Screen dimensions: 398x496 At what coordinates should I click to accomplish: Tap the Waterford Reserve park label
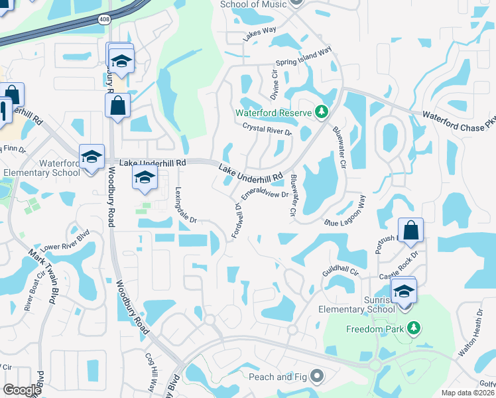pyautogui.click(x=275, y=113)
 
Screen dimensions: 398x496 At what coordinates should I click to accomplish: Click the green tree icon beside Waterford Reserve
pyautogui.click(x=322, y=111)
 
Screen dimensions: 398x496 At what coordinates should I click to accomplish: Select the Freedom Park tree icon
pyautogui.click(x=414, y=328)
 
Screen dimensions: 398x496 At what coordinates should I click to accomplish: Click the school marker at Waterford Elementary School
pyautogui.click(x=92, y=157)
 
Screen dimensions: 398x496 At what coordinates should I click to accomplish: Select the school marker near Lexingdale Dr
pyautogui.click(x=145, y=177)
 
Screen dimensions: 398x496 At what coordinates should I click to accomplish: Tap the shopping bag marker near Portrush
pyautogui.click(x=412, y=231)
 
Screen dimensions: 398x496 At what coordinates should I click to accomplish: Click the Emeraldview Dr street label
pyautogui.click(x=265, y=193)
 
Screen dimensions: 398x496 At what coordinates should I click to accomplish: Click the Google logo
pyautogui.click(x=22, y=390)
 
